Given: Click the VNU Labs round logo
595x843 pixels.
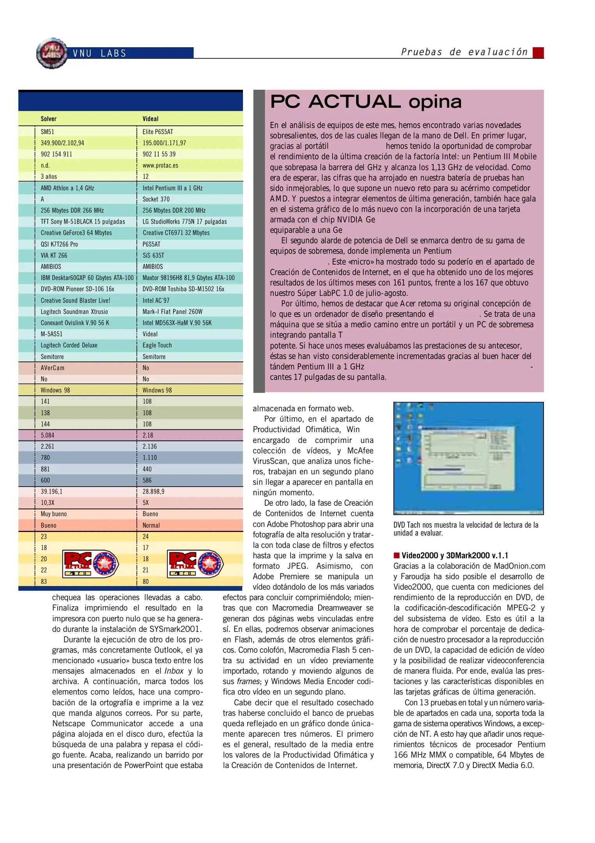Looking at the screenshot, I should [x=52, y=53].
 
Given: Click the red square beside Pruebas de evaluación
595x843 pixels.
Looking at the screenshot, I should [x=538, y=53].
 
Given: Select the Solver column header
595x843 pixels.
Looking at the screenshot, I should [x=49, y=119].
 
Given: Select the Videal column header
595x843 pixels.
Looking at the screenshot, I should [x=151, y=119].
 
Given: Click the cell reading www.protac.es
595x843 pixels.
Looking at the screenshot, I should [x=160, y=165].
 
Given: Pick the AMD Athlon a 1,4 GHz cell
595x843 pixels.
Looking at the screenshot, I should [x=67, y=188].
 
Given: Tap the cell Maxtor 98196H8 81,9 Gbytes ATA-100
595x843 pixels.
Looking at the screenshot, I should [x=188, y=277].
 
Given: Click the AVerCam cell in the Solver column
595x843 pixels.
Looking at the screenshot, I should [x=53, y=368].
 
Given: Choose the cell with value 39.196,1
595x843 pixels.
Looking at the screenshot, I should [x=51, y=491].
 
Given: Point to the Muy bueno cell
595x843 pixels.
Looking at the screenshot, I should [x=54, y=514].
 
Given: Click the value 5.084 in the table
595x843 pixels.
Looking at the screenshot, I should [x=48, y=435].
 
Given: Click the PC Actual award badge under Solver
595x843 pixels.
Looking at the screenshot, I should [x=90, y=564].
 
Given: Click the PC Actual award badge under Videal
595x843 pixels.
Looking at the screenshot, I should [x=195, y=564].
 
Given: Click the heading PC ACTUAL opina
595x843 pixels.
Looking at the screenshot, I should [x=366, y=101].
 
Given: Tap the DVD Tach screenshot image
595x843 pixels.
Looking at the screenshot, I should [x=468, y=458].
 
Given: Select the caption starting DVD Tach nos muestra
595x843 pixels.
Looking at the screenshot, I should [x=466, y=528].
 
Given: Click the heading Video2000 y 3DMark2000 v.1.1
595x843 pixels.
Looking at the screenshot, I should [x=455, y=555].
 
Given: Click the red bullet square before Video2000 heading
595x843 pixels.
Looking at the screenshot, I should [x=397, y=555].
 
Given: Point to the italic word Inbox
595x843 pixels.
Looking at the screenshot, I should [x=174, y=670].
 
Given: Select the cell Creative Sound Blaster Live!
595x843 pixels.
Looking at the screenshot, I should [x=75, y=300].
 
